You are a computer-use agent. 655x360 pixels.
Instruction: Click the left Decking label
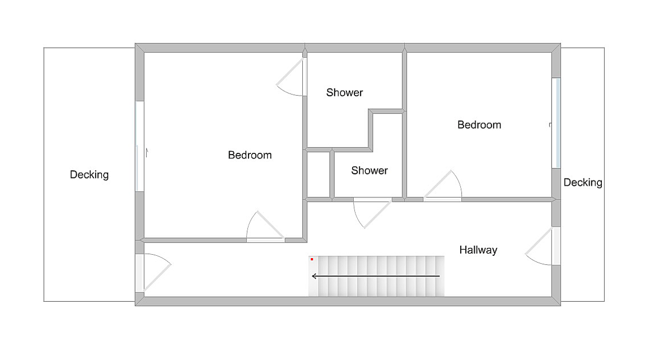(x=89, y=175)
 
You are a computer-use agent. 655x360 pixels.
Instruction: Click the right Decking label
(x=583, y=182)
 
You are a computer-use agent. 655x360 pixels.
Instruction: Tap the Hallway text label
(x=478, y=250)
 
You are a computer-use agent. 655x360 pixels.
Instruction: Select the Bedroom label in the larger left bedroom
(x=250, y=155)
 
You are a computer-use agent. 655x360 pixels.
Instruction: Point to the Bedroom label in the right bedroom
(x=479, y=125)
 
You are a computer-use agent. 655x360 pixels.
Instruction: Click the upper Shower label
(x=344, y=92)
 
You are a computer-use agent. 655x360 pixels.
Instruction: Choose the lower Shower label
(x=369, y=170)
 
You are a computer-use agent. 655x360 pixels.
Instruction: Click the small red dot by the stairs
(x=312, y=259)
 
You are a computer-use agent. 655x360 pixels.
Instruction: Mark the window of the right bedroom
(x=556, y=123)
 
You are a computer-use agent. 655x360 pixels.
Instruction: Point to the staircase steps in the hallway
(x=381, y=276)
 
